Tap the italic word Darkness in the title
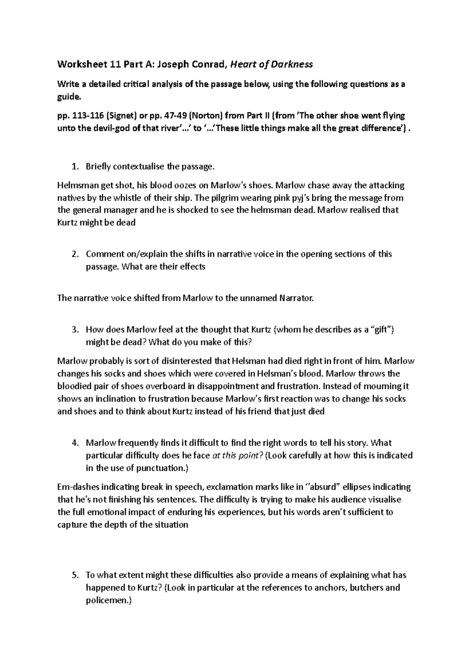pyautogui.click(x=292, y=64)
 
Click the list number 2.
pyautogui.click(x=75, y=254)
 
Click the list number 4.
pyautogui.click(x=75, y=443)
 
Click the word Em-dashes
pyautogui.click(x=77, y=487)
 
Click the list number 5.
pyautogui.click(x=75, y=575)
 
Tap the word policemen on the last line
pyautogui.click(x=106, y=600)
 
